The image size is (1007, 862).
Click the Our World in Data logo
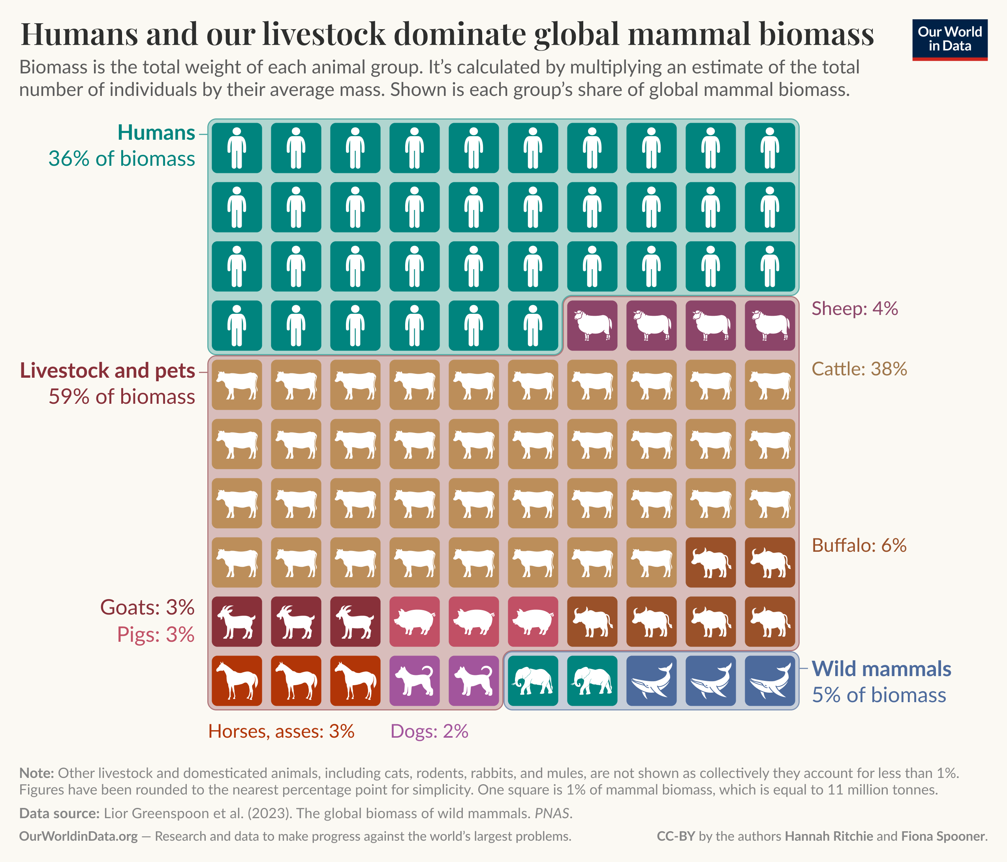tap(950, 39)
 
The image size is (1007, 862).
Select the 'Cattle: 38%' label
tap(859, 369)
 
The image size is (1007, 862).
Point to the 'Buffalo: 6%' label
tap(859, 545)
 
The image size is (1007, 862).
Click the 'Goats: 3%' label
tap(147, 607)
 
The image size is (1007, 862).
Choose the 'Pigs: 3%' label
tap(156, 635)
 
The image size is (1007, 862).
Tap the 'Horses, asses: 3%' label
tap(281, 731)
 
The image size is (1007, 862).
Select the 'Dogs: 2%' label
tap(429, 731)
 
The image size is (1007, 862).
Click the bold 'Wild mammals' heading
tap(881, 669)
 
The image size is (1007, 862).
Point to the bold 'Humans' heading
tap(156, 133)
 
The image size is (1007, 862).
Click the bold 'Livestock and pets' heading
tap(107, 371)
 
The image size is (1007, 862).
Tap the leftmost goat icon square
tap(237, 622)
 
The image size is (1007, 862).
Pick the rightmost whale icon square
tap(770, 681)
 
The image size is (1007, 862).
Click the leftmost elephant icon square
tap(533, 681)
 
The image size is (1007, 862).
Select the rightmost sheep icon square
tap(770, 325)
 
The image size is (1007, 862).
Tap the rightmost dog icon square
tap(473, 681)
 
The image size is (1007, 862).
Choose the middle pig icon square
tap(473, 622)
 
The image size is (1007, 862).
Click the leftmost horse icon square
tap(237, 681)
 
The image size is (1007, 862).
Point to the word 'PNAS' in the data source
tap(553, 813)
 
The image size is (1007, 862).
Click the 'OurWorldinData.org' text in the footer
tap(78, 836)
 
